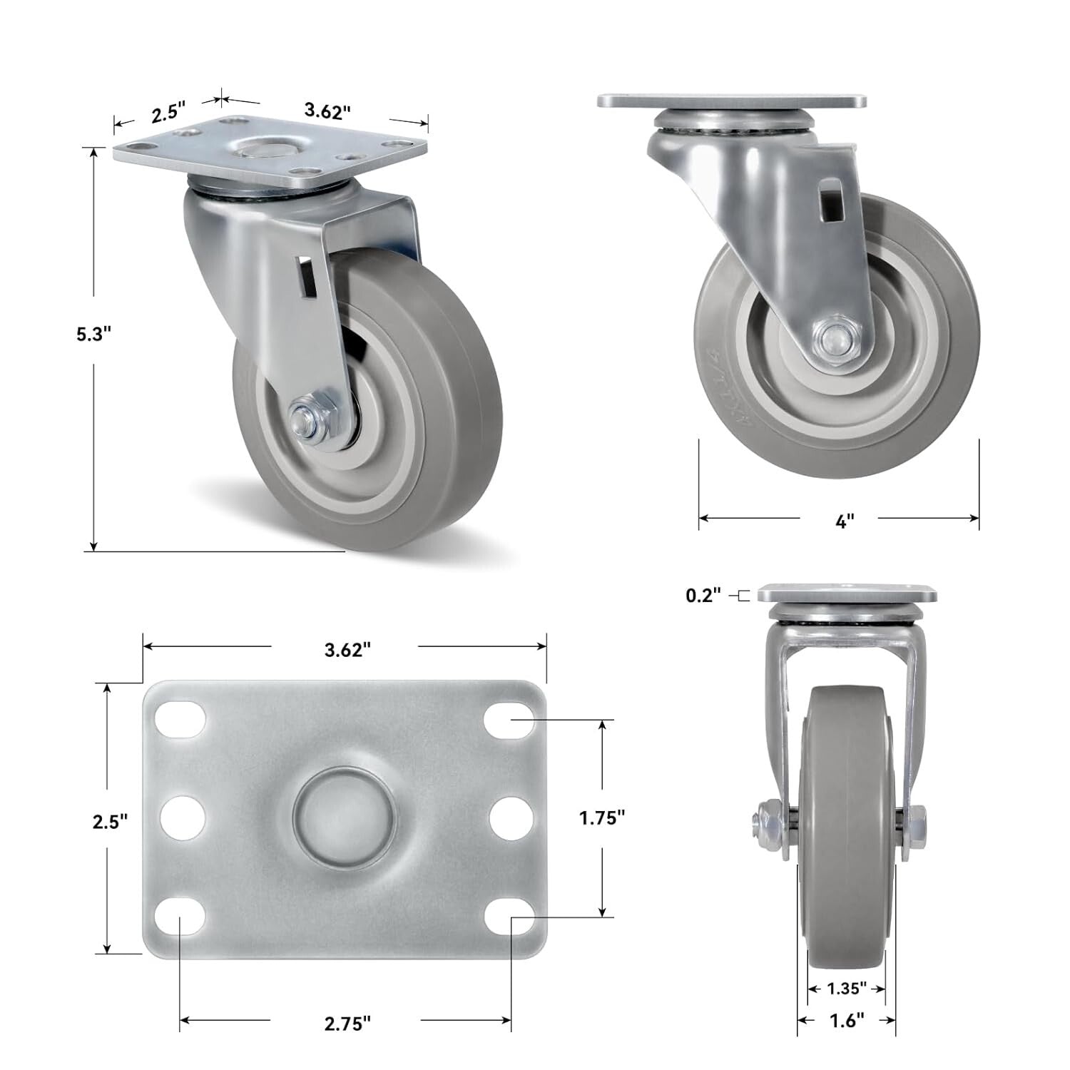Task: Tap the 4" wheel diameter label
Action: [x=844, y=521]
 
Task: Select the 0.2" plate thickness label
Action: [x=703, y=595]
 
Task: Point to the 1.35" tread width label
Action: [x=847, y=988]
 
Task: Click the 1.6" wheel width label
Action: [x=847, y=1021]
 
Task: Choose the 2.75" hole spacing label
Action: [x=347, y=1023]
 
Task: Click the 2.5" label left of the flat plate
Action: [x=110, y=821]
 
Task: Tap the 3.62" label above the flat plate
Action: [x=347, y=649]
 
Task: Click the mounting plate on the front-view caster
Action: [x=846, y=593]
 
